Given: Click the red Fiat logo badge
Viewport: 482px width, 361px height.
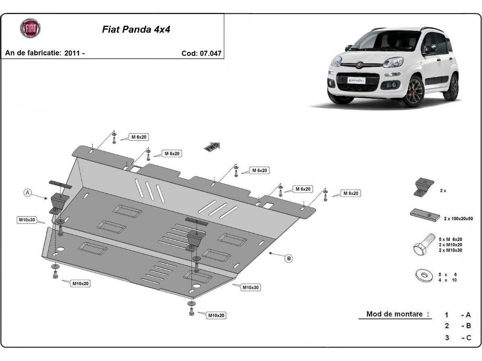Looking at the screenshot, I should pyautogui.click(x=31, y=28).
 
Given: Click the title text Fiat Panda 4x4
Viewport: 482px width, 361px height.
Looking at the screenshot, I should pyautogui.click(x=136, y=30).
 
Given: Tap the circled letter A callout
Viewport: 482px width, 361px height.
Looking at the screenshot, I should pyautogui.click(x=27, y=193).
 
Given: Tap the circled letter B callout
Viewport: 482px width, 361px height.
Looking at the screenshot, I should pyautogui.click(x=288, y=259).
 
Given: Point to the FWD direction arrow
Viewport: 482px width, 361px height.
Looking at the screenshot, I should pyautogui.click(x=212, y=147).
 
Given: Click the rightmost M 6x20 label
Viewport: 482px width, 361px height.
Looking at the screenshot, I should pyautogui.click(x=350, y=193).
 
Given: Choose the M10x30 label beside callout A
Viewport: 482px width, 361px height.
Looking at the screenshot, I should pyautogui.click(x=27, y=220).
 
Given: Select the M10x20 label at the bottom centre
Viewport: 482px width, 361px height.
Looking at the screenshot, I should pyautogui.click(x=216, y=316).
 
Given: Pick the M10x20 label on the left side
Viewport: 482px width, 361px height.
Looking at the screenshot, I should pyautogui.click(x=80, y=284).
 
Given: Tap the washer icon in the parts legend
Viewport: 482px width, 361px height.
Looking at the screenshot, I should pyautogui.click(x=423, y=276).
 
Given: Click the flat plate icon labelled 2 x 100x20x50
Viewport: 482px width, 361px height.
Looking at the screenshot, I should pyautogui.click(x=425, y=215).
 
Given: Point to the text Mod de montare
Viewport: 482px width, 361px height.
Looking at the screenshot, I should pyautogui.click(x=394, y=314).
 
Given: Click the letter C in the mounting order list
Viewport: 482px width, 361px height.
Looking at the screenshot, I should pyautogui.click(x=468, y=338).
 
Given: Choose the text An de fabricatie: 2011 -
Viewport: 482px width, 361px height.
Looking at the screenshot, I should pyautogui.click(x=45, y=53).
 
